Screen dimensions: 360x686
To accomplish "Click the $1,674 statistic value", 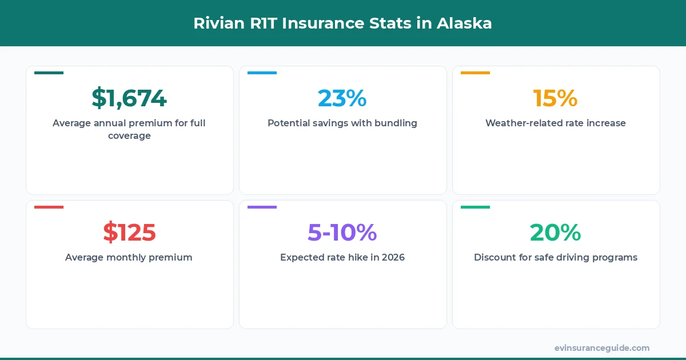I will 129,98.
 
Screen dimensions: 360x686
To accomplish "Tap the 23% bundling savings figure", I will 342,98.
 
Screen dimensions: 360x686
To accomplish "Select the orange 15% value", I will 555,98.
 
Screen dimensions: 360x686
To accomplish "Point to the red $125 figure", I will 129,233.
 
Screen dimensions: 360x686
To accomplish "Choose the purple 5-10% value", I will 342,233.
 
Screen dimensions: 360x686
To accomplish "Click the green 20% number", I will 555,233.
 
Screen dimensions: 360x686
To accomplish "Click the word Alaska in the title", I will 464,23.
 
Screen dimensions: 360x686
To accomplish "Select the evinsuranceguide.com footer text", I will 601,348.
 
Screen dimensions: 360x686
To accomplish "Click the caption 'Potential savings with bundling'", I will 342,123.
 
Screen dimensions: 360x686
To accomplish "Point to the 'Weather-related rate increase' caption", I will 555,123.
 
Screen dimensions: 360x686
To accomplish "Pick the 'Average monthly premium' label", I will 129,257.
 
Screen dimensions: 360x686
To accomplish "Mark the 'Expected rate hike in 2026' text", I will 342,257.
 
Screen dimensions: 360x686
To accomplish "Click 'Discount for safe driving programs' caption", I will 555,257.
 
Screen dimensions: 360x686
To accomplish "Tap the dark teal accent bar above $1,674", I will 49,73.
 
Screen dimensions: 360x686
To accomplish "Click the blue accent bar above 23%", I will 262,73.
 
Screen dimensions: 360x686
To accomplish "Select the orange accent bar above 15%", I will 475,73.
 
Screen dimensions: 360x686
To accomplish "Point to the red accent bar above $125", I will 49,207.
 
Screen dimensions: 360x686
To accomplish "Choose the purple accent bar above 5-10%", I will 262,207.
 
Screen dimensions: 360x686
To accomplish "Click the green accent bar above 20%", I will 475,207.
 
